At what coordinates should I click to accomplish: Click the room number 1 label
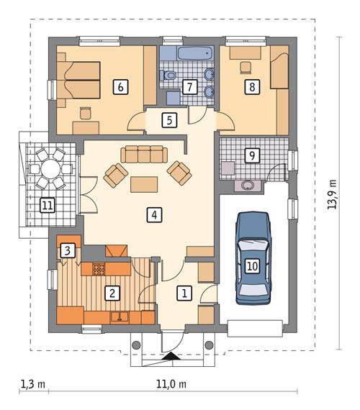coord(185,293)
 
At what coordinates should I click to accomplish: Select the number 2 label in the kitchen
coord(112,293)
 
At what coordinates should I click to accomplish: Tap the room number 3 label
coord(67,251)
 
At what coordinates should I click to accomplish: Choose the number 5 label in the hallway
coord(168,120)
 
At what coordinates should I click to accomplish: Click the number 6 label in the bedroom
coord(120,87)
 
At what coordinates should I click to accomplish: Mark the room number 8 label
coord(251,87)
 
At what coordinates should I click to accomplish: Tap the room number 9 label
coord(251,155)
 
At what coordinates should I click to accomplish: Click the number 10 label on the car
coord(251,266)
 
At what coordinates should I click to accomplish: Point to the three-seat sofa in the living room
coord(143,154)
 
